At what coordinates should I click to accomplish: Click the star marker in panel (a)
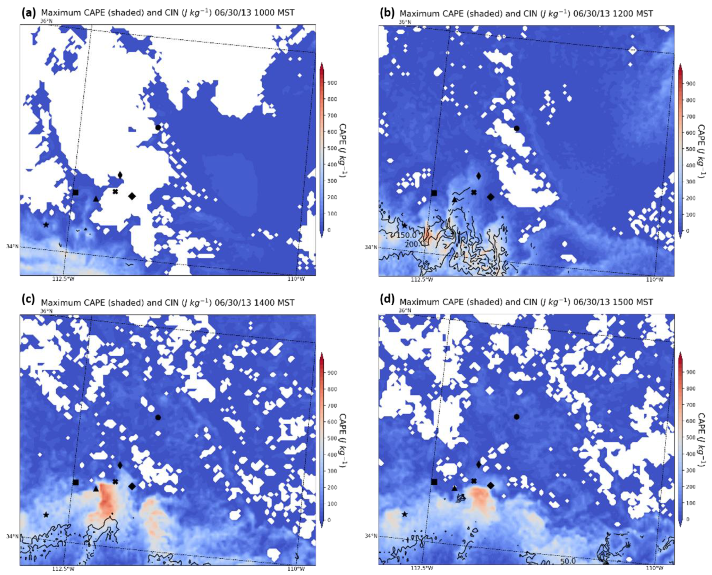tap(46, 225)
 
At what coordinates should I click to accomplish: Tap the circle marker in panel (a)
tap(158, 127)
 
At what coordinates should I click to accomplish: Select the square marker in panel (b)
tap(434, 193)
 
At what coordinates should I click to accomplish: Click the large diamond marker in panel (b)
tap(491, 197)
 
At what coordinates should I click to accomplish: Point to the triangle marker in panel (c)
tap(96, 489)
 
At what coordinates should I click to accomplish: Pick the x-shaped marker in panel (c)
tap(115, 481)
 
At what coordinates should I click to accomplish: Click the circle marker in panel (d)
tap(516, 417)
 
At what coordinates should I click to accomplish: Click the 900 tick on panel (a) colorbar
tap(332, 83)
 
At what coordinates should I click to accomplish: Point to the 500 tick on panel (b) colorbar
tap(691, 149)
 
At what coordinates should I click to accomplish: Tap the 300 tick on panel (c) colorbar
tap(332, 471)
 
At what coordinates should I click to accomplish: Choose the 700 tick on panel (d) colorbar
tap(691, 405)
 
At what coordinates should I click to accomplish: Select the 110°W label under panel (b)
tap(655, 280)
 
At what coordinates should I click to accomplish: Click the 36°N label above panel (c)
tap(46, 311)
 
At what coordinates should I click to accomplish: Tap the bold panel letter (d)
tap(387, 300)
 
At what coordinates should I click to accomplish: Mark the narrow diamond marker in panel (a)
tap(120, 175)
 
